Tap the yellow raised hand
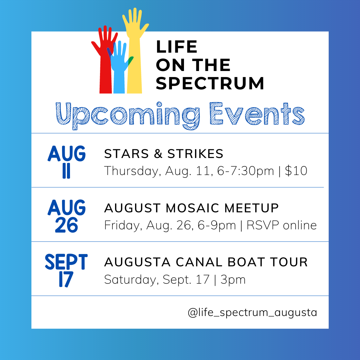point(135,57)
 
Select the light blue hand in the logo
point(119,71)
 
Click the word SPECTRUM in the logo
point(210,83)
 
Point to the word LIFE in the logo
point(176,47)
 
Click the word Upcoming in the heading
point(128,115)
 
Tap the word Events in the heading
point(257,114)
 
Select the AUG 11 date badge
point(67,162)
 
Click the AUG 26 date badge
point(67,216)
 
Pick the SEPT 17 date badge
point(66,270)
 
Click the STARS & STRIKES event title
point(164,154)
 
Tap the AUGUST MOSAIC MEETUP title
point(191,208)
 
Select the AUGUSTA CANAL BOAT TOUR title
point(206,262)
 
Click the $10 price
point(296,171)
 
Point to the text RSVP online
point(282,225)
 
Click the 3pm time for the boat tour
point(233,280)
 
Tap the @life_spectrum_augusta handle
point(252,313)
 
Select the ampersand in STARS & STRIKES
point(158,154)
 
